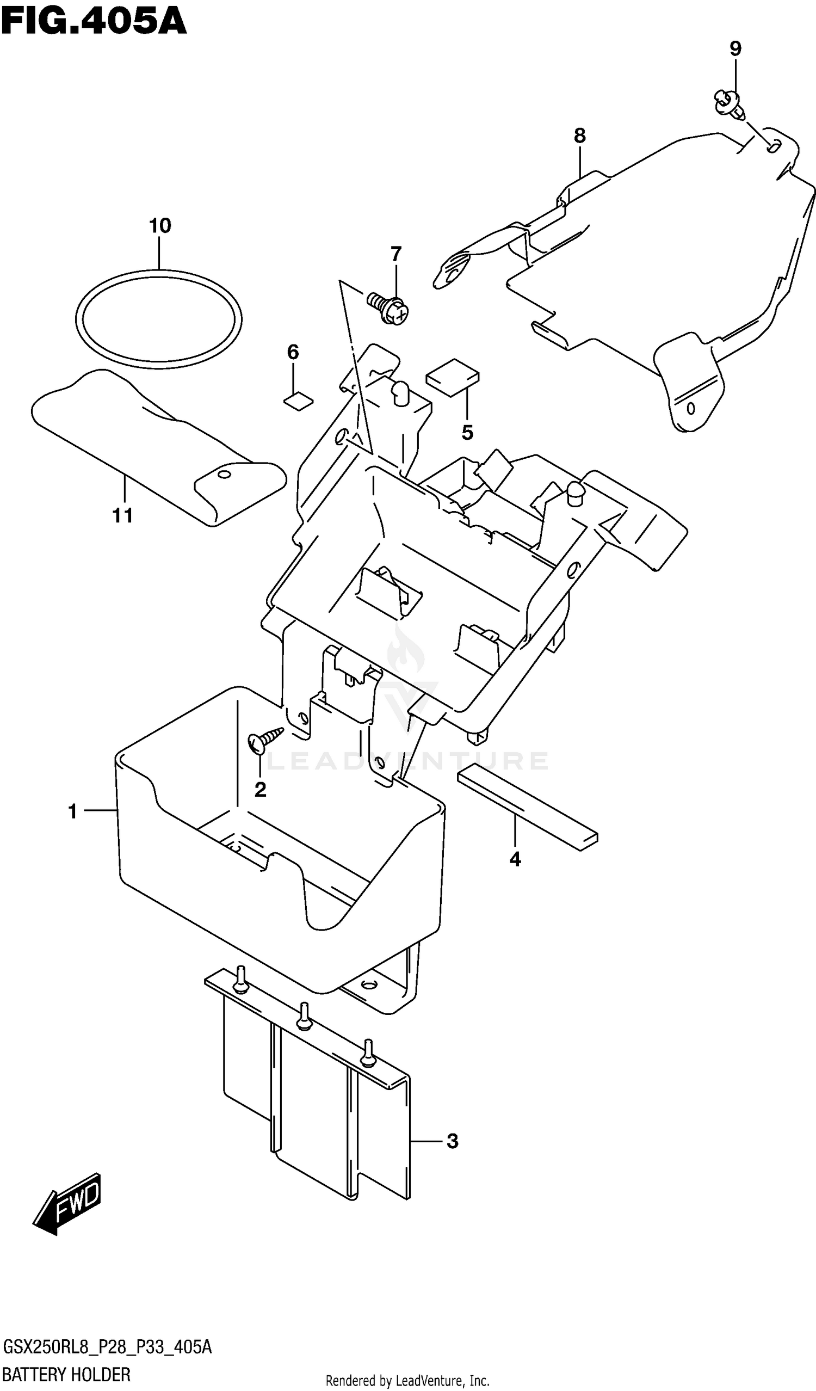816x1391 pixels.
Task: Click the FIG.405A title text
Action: (94, 22)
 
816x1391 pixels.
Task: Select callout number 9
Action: (735, 49)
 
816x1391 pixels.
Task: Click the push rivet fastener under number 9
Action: (730, 106)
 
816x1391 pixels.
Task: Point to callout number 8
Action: (579, 136)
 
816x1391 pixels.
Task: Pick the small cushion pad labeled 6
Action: (299, 401)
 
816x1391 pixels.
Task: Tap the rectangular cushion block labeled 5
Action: (453, 377)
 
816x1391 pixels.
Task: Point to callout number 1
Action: (72, 811)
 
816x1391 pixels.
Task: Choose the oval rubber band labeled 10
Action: (159, 319)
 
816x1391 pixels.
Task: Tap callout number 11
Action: (122, 515)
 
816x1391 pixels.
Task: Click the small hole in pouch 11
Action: (223, 473)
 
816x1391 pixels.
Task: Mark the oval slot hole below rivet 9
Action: (774, 146)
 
